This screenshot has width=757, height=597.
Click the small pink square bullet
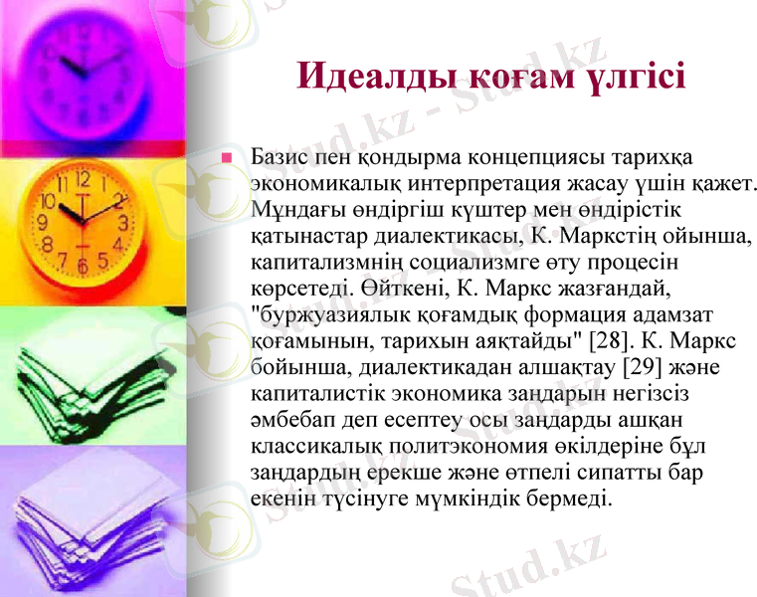point(227,158)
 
